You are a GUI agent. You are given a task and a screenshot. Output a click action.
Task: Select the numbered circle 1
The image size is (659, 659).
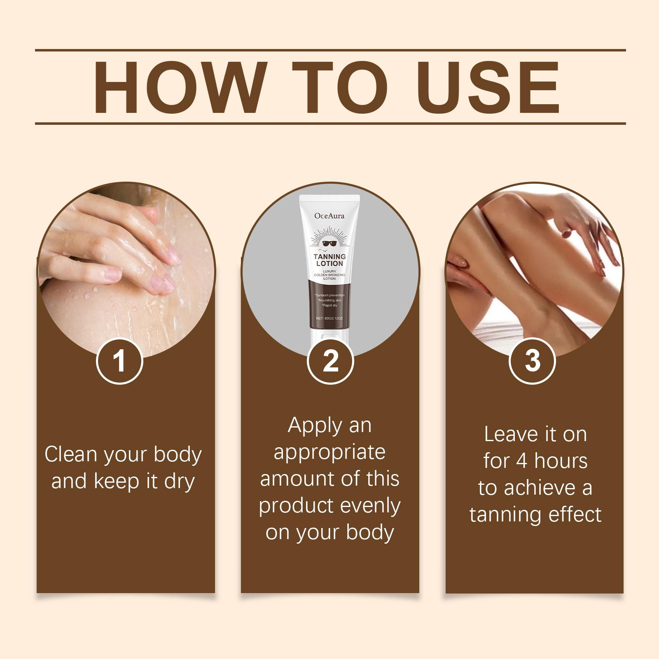coord(119,361)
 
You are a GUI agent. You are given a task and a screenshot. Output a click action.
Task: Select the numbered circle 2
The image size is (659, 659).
coord(330,361)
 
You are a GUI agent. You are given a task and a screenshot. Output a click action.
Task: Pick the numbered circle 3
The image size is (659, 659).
coord(533,361)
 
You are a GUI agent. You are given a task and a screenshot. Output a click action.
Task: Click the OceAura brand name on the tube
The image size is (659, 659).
coord(329,215)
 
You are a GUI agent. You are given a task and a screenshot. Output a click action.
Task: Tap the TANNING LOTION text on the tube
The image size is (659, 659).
coord(329,260)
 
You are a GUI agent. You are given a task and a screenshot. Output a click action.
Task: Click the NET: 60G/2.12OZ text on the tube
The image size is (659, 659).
coord(329,318)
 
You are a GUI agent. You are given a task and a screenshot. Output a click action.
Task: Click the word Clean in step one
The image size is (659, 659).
coord(71,454)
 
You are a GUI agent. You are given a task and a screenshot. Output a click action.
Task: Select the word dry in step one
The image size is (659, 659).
coord(179,482)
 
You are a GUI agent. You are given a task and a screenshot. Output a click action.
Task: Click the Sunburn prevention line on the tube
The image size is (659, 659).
coord(329,295)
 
